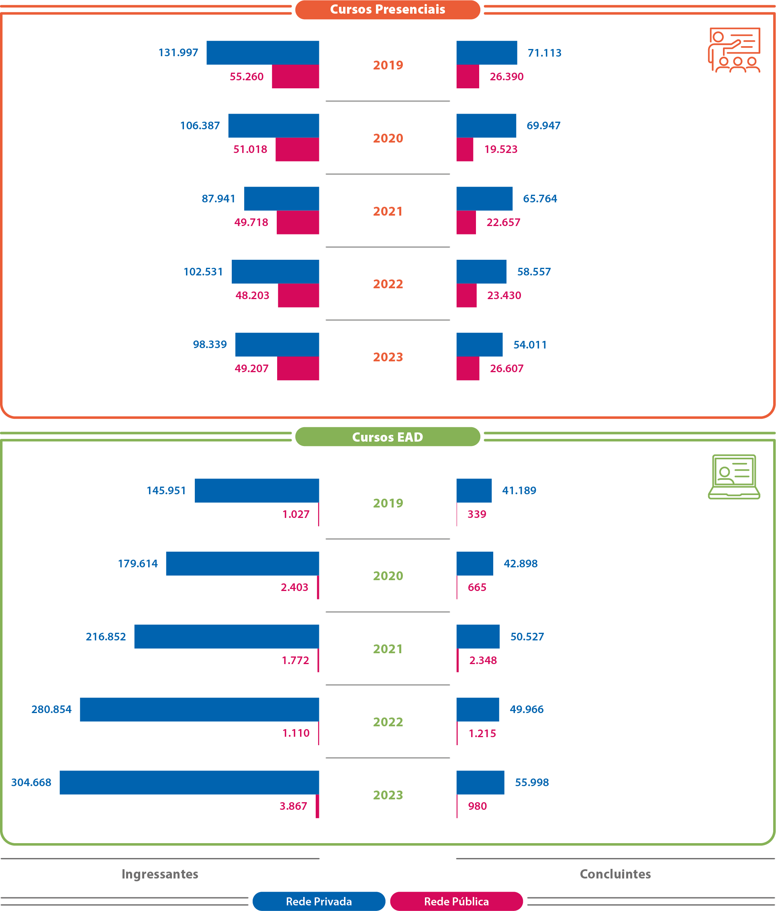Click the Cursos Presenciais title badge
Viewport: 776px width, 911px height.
[x=387, y=10]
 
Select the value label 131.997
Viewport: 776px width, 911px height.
[x=178, y=53]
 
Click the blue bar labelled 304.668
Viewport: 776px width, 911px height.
[x=189, y=783]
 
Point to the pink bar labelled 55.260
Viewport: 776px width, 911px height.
[x=295, y=77]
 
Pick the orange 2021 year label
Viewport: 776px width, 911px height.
[x=388, y=212]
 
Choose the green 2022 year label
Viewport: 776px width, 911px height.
[x=388, y=722]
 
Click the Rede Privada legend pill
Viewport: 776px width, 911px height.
[x=319, y=901]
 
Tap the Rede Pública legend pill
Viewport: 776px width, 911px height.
[x=456, y=901]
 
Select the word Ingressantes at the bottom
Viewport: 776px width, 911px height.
[x=160, y=874]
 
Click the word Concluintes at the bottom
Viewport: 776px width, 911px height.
[x=615, y=874]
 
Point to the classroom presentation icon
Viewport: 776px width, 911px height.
[x=734, y=50]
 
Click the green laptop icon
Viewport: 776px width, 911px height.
[x=734, y=477]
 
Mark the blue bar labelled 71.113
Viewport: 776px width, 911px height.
[x=486, y=53]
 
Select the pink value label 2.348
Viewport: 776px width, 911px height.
[x=482, y=660]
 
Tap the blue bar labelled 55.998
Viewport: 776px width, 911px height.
[x=480, y=783]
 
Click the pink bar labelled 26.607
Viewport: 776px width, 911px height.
[x=468, y=369]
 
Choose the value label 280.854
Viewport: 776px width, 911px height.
[x=51, y=709]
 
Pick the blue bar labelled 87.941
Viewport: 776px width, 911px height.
[x=282, y=199]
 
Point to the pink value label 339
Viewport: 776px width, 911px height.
[x=476, y=514]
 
